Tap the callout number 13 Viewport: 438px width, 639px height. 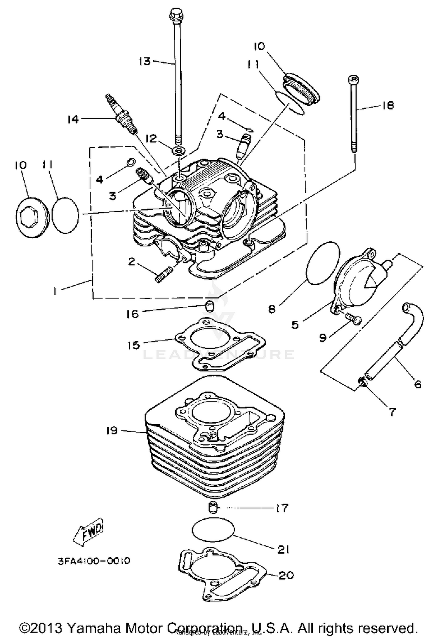[145, 61]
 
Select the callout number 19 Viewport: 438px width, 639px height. [112, 430]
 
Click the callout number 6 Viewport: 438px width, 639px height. [418, 384]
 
